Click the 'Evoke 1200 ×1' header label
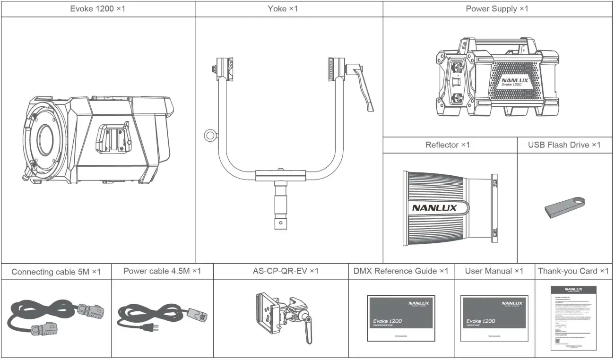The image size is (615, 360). pyautogui.click(x=97, y=9)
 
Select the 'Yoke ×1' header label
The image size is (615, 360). pyautogui.click(x=283, y=9)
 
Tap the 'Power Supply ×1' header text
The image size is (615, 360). pyautogui.click(x=497, y=9)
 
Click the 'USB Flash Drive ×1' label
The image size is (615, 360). pyautogui.click(x=564, y=145)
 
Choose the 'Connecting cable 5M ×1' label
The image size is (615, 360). pyautogui.click(x=56, y=272)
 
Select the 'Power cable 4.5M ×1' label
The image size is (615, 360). pyautogui.click(x=162, y=271)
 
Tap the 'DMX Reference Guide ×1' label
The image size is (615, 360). pyautogui.click(x=400, y=271)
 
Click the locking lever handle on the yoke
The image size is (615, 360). pyautogui.click(x=364, y=87)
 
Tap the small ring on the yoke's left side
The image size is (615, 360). pyautogui.click(x=209, y=136)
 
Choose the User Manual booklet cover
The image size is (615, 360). pyautogui.click(x=494, y=318)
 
